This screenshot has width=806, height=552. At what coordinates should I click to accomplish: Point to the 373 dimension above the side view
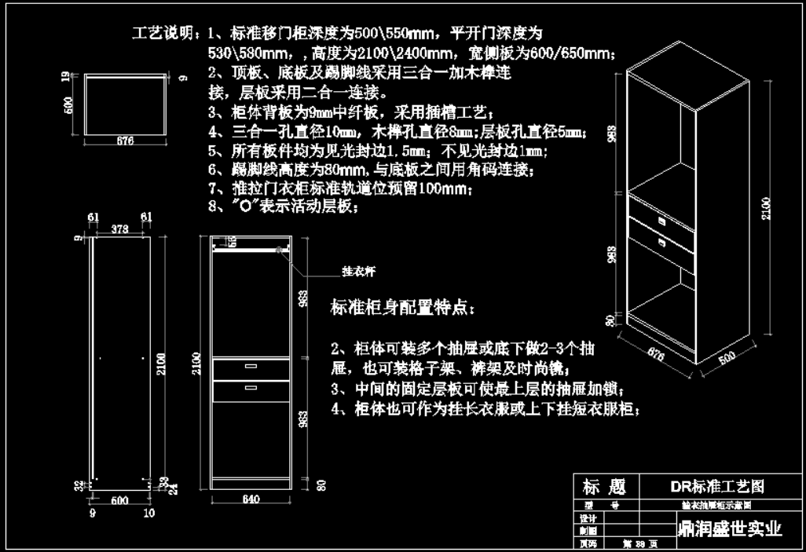pyautogui.click(x=120, y=229)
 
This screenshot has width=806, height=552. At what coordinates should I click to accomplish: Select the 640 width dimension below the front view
pyautogui.click(x=251, y=499)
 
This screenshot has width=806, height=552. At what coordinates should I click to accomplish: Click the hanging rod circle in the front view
pyautogui.click(x=280, y=249)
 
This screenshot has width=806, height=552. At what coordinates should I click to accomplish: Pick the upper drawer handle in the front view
pyautogui.click(x=251, y=367)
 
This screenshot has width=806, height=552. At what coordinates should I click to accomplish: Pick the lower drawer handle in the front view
pyautogui.click(x=251, y=387)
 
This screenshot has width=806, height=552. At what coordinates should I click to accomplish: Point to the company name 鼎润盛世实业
pyautogui.click(x=729, y=528)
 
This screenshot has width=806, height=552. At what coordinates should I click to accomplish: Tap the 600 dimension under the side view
pyautogui.click(x=119, y=499)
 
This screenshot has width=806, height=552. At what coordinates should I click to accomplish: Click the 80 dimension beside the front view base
pyautogui.click(x=321, y=485)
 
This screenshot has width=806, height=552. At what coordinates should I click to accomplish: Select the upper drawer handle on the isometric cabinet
pyautogui.click(x=661, y=222)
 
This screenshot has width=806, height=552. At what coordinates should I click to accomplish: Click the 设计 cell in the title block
pyautogui.click(x=587, y=518)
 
